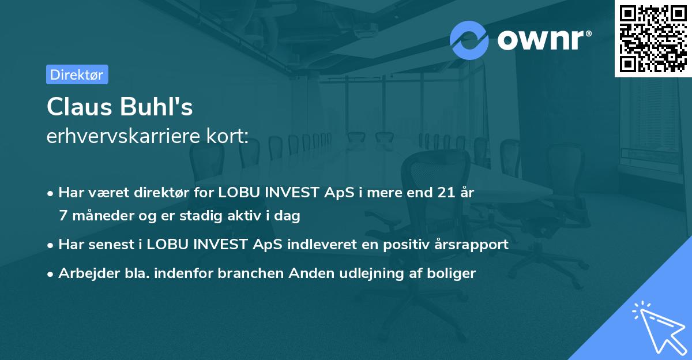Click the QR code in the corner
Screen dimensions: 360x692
[x=653, y=39]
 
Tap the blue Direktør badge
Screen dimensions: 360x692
[x=77, y=74]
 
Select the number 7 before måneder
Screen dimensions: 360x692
[x=63, y=216]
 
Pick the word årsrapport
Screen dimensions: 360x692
[x=474, y=244]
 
